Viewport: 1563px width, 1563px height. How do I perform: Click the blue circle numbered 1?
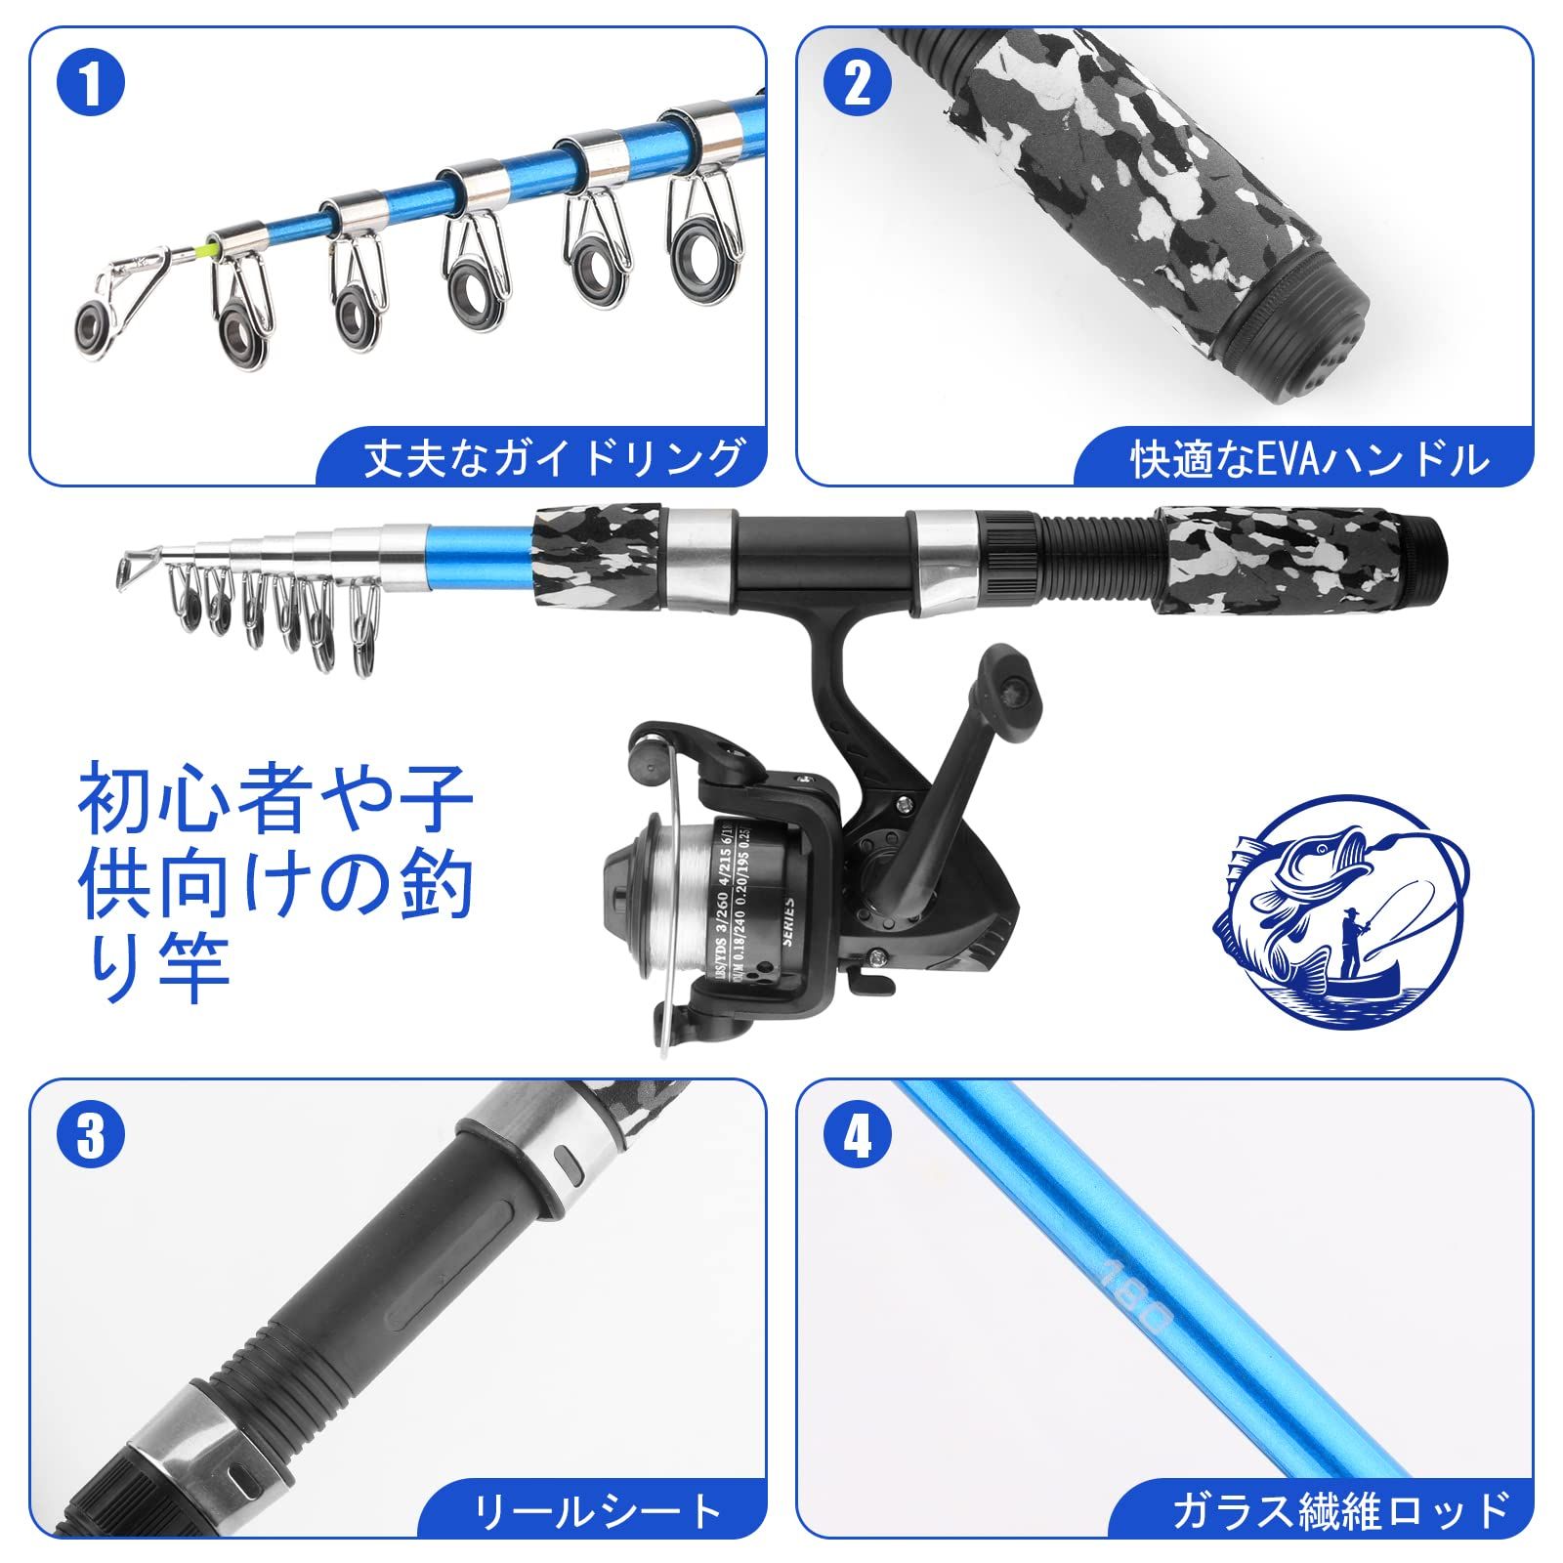tap(91, 86)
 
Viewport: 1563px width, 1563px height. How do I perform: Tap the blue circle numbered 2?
tap(858, 86)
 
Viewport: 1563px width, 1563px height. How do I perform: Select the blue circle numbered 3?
tap(91, 1137)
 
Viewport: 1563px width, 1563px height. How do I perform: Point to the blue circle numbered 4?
tap(858, 1137)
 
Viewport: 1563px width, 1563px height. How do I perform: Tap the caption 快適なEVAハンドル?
tap(1309, 459)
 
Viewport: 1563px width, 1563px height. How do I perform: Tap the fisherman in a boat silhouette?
tap(1353, 943)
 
